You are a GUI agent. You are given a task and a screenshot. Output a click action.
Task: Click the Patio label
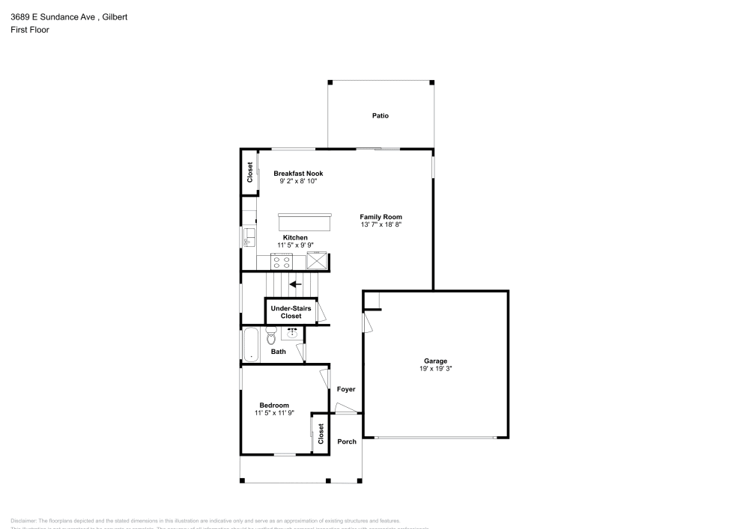380,116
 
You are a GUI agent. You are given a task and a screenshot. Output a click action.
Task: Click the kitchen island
305,222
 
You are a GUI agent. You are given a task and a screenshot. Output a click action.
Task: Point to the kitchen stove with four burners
282,261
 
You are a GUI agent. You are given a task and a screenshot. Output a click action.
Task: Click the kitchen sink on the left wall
249,238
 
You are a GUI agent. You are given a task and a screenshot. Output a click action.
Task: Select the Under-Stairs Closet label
291,312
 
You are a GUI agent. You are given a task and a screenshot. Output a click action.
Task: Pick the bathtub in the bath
250,345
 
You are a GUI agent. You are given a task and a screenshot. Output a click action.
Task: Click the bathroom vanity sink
293,332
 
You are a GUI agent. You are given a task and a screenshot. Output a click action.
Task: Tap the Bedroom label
274,405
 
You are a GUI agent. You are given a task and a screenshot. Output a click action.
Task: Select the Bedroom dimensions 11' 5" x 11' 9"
274,413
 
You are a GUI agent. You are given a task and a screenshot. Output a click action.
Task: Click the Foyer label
346,389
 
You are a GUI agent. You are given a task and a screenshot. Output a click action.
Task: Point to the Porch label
347,441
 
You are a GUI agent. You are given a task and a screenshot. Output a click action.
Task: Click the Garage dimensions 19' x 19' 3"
435,368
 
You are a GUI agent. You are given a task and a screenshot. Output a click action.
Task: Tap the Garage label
435,361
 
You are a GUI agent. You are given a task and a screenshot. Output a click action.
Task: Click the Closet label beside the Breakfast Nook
249,173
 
